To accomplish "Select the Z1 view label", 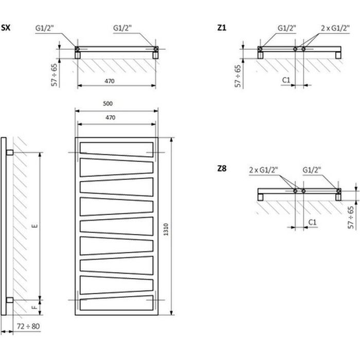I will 222,27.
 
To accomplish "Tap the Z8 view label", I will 222,168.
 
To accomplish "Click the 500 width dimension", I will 107,104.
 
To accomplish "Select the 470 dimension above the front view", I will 110,118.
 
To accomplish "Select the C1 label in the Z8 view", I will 312,221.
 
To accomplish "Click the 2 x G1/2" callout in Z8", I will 263,169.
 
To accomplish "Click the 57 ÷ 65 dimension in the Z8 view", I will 351,217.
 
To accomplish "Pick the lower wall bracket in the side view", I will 10,299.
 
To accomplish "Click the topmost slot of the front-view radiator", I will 116,147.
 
